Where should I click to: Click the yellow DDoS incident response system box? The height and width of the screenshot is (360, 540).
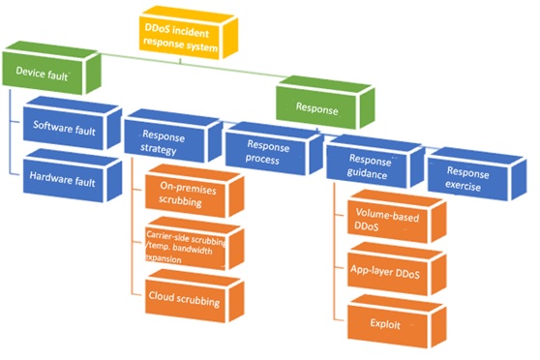[189, 33]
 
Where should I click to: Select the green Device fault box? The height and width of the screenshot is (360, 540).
[51, 68]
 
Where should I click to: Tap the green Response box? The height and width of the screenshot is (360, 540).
[325, 103]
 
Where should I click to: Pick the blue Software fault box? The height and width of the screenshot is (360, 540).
[73, 123]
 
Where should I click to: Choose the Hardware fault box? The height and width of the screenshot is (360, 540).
[73, 176]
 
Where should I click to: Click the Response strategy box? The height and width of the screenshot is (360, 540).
[173, 135]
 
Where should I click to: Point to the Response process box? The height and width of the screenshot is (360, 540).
[275, 148]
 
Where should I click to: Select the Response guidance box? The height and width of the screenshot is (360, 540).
[375, 162]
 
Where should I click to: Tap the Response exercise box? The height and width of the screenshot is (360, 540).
[477, 174]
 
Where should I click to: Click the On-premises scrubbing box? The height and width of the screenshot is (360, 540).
[195, 192]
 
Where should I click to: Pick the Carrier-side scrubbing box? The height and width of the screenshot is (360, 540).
[195, 244]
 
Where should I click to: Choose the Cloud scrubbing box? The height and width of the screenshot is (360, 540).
[195, 296]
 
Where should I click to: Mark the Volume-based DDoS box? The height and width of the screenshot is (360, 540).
[397, 217]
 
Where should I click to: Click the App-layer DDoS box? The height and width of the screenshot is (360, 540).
[397, 269]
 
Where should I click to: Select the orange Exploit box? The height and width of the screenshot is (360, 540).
[397, 321]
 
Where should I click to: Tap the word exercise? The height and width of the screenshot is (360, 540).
[463, 186]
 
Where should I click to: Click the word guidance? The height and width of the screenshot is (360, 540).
[367, 173]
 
